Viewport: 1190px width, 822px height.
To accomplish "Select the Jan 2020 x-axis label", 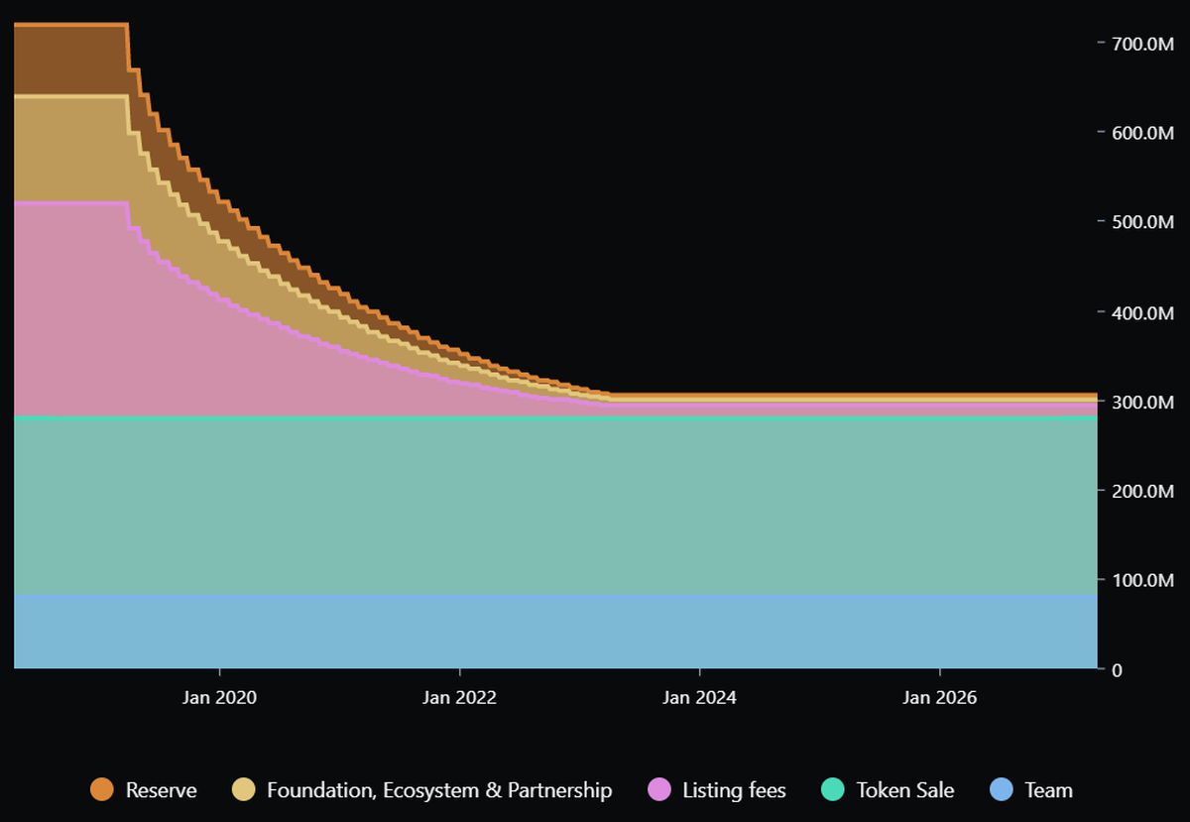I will point(219,698).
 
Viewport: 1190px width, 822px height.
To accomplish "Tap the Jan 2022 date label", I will point(459,698).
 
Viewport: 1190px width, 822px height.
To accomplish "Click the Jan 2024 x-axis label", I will point(699,698).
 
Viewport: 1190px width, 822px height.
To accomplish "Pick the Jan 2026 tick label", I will point(939,698).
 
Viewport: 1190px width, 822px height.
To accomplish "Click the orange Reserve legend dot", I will point(102,790).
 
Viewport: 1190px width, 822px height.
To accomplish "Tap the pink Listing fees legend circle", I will point(659,790).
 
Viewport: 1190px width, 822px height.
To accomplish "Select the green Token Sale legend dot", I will point(833,790).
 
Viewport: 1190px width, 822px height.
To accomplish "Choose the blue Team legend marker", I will point(1003,790).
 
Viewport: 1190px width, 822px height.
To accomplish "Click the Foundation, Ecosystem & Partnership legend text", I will point(439,790).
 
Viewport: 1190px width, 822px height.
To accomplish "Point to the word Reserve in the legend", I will point(161,790).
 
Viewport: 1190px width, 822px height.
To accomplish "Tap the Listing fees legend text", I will point(734,790).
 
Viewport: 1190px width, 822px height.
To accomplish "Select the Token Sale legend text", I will point(904,790).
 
